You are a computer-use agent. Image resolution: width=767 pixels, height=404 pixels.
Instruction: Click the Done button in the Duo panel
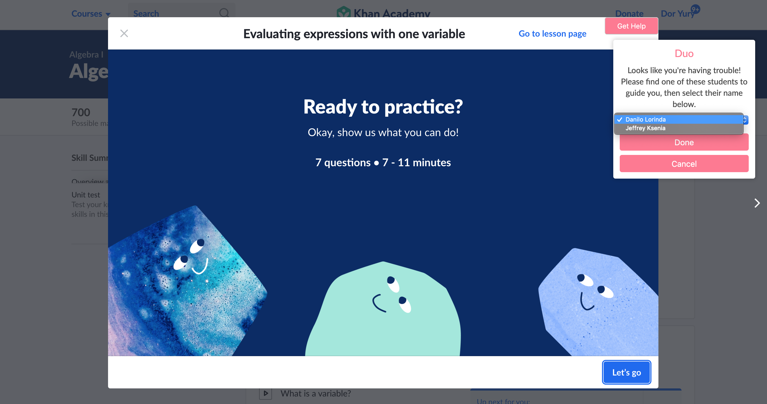(684, 142)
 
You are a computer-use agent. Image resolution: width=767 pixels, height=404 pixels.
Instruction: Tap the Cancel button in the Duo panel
(684, 164)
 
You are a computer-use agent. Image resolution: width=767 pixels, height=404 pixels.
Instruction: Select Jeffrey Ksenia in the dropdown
(645, 128)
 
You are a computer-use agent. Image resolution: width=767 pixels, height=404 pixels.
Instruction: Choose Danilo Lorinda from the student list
(645, 119)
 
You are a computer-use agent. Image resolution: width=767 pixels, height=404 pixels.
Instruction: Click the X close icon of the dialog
(124, 33)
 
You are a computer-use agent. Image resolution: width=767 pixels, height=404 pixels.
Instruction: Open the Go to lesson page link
(552, 34)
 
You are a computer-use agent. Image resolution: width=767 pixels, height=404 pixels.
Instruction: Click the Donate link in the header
(629, 14)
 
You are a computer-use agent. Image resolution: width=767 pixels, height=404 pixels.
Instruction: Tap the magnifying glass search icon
(224, 13)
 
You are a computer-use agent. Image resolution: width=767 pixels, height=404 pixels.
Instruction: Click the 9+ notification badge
(696, 9)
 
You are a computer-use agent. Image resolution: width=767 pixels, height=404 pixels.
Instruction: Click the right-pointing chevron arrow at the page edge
(757, 203)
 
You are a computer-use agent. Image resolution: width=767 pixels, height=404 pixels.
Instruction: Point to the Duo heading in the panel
(684, 54)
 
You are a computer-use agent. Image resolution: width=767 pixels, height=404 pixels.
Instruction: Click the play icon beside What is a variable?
(265, 393)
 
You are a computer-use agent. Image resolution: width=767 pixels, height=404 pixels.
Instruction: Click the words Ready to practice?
(383, 107)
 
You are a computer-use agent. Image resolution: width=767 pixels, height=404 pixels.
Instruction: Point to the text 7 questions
(343, 163)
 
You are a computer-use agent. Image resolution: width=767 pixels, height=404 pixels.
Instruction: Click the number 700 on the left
(81, 112)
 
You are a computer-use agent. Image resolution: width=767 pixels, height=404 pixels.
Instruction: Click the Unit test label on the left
(86, 195)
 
